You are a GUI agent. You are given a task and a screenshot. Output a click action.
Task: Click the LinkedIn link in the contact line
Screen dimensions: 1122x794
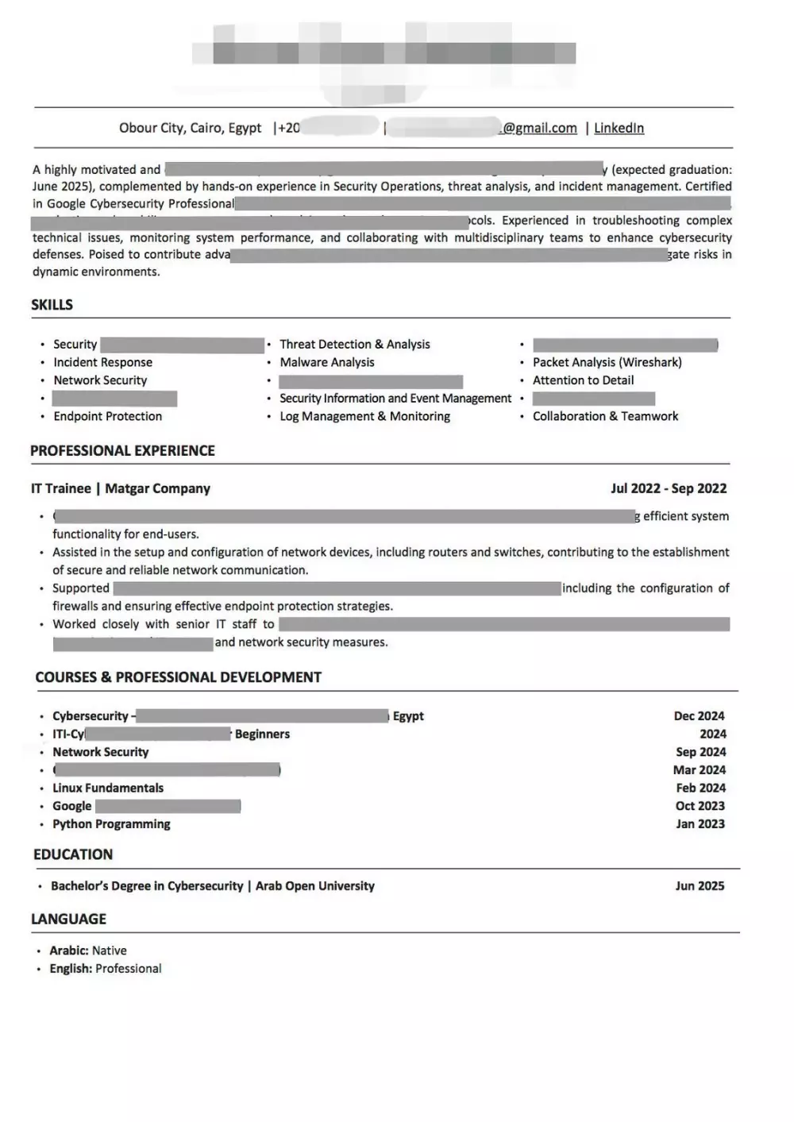pos(619,128)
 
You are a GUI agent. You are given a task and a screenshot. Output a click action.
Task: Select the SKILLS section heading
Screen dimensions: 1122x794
pos(52,305)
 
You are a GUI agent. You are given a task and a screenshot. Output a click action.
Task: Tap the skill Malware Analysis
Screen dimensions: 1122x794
pos(326,362)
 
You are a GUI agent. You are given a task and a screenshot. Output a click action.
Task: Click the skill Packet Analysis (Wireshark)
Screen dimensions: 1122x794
pos(607,362)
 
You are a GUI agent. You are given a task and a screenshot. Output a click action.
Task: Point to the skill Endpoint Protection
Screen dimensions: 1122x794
pos(107,416)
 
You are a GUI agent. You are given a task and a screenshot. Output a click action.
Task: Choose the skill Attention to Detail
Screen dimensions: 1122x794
pos(583,380)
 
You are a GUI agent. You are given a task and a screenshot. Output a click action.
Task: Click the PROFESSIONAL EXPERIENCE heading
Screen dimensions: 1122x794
pos(122,451)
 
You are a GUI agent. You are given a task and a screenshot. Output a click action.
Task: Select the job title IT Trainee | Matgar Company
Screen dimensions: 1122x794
pos(121,488)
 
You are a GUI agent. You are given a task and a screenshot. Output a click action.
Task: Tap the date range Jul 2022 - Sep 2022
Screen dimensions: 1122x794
pos(669,488)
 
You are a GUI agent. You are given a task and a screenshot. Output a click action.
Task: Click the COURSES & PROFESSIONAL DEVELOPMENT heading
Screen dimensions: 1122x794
pos(178,677)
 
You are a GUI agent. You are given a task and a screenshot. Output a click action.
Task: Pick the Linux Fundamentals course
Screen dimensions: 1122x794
pos(108,788)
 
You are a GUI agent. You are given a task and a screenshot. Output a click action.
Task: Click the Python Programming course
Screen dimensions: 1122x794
pos(111,824)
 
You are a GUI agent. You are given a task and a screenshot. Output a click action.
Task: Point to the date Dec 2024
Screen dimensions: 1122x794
pos(699,716)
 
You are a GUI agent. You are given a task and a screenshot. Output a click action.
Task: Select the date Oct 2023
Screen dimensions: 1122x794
pos(700,806)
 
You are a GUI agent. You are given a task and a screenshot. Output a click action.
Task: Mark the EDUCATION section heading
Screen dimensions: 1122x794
pos(73,854)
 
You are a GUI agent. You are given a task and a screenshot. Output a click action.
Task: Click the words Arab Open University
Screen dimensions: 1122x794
pos(314,886)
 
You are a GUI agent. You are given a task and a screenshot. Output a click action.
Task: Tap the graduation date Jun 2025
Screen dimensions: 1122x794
pos(700,886)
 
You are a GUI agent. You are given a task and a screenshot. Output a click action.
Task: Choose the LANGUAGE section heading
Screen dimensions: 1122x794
pos(68,920)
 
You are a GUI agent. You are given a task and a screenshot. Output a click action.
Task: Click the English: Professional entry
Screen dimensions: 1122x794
pos(106,969)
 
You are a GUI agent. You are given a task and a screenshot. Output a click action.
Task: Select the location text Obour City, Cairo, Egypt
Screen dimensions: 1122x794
pos(190,128)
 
